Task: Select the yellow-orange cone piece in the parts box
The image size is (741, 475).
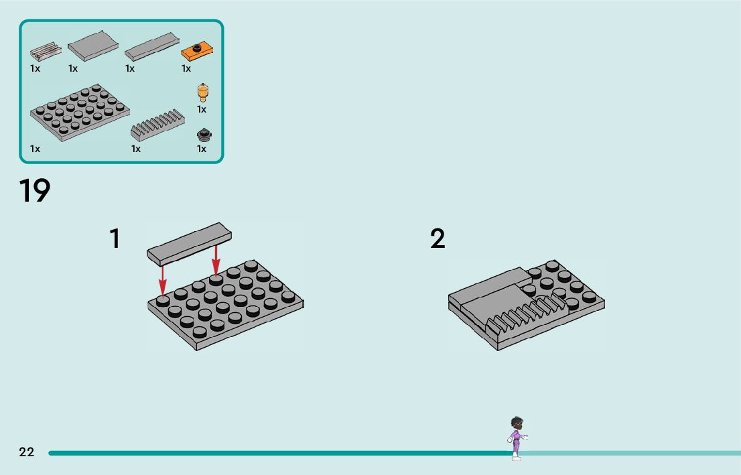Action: pos(202,92)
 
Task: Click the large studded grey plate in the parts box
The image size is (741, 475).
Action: pos(79,112)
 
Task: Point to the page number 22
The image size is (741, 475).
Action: pos(27,452)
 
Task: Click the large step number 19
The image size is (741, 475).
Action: pos(35,191)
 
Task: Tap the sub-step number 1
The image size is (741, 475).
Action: pos(115,239)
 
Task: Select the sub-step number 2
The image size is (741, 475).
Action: pos(437,239)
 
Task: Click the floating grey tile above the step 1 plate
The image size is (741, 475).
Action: pos(189,242)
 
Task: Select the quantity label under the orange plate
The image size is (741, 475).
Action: pos(186,68)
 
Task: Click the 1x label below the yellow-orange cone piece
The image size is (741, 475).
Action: pos(202,109)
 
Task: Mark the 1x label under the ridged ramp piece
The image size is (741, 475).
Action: pos(136,149)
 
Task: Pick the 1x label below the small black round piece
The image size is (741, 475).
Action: pos(202,149)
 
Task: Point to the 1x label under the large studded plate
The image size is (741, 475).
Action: pos(35,149)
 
